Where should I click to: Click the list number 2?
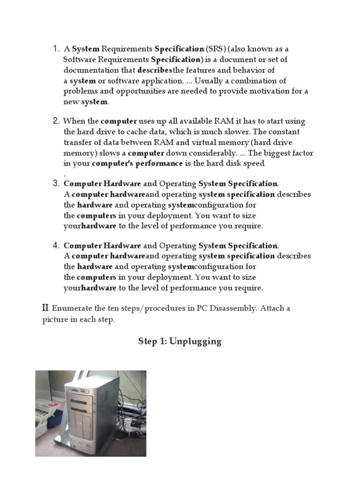tap(56, 121)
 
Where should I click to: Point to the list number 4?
tap(56, 245)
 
